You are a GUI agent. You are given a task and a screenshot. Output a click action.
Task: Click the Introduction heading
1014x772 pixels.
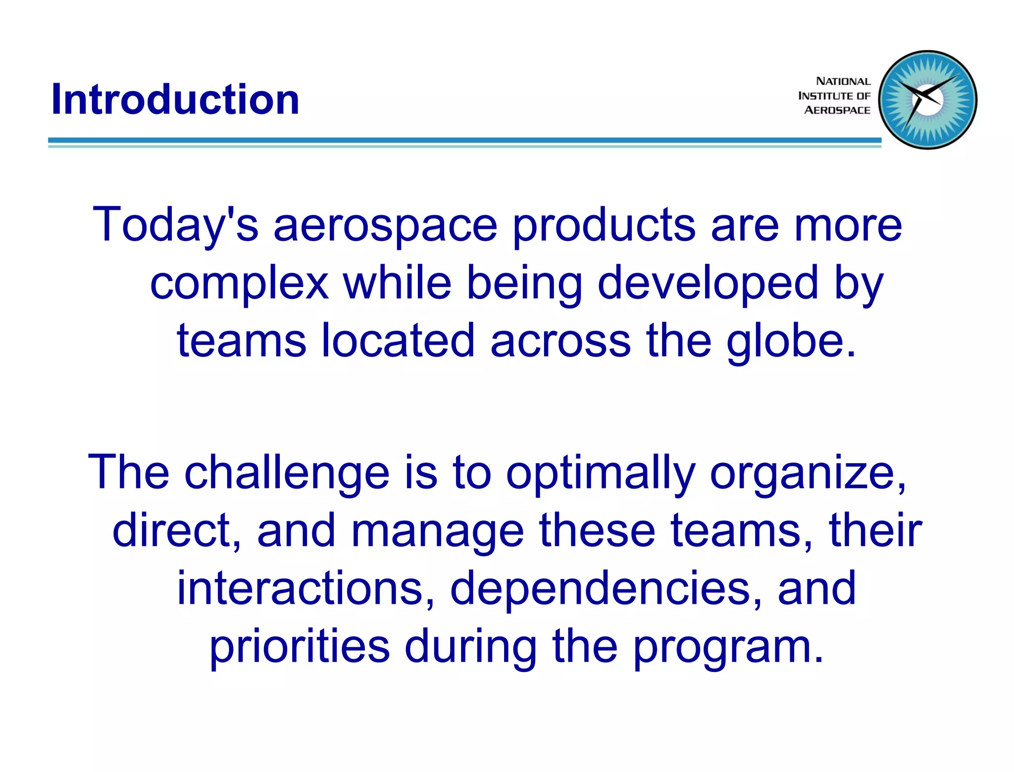click(175, 99)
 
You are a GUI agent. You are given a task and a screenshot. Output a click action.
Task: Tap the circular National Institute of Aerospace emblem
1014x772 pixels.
click(927, 100)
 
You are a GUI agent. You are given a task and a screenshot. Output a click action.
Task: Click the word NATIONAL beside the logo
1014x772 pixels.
click(843, 81)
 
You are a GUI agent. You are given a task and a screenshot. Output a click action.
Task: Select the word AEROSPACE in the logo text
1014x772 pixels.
click(837, 110)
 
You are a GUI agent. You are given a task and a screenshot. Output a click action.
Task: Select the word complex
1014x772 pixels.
click(239, 283)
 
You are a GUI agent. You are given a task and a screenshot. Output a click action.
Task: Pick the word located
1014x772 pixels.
click(398, 340)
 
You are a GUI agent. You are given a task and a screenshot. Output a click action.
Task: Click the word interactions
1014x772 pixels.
click(305, 588)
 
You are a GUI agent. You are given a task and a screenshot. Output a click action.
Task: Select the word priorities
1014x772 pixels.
click(300, 647)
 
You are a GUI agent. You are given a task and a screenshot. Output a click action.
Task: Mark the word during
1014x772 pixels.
click(471, 647)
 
